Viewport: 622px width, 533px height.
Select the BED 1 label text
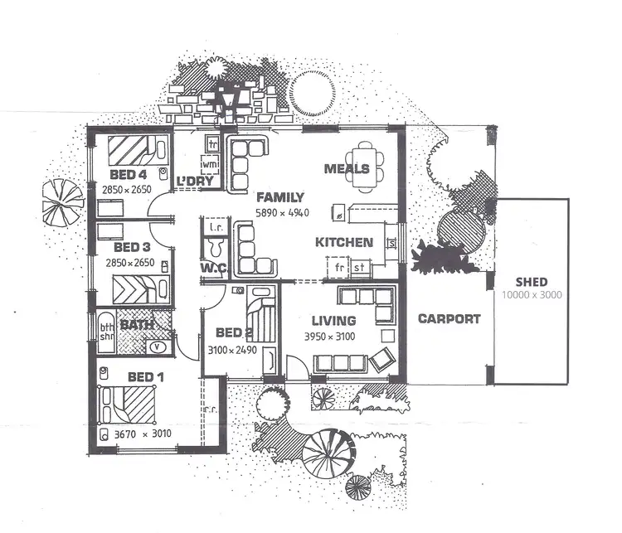(x=145, y=377)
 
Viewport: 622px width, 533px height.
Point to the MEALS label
(x=345, y=169)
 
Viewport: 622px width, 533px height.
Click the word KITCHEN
(x=343, y=243)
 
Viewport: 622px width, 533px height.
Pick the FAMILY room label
(x=279, y=197)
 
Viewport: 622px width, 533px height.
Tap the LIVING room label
(x=333, y=321)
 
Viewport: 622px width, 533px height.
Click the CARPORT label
(x=449, y=318)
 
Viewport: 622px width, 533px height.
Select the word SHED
(x=532, y=281)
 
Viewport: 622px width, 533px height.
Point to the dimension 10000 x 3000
(x=532, y=295)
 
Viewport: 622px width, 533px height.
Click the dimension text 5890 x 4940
(x=281, y=212)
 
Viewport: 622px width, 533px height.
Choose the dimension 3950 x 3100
(x=333, y=336)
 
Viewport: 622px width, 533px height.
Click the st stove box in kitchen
(x=360, y=268)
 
